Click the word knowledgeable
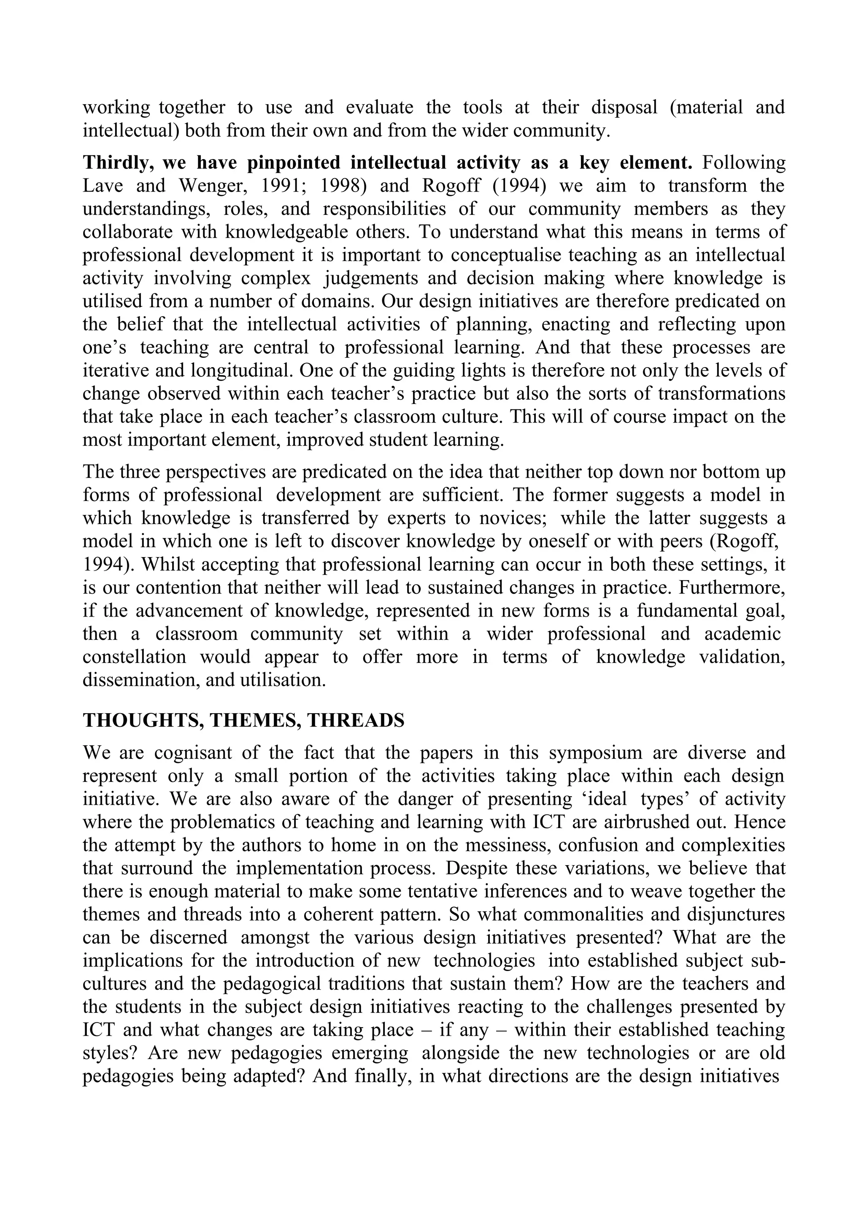tap(285, 232)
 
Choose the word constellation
tap(134, 657)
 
